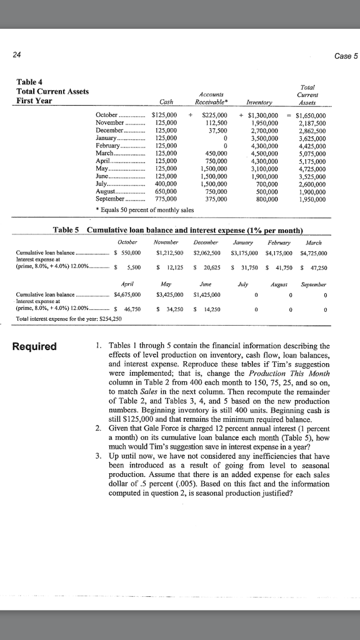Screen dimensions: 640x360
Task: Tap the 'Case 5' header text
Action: click(343, 56)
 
